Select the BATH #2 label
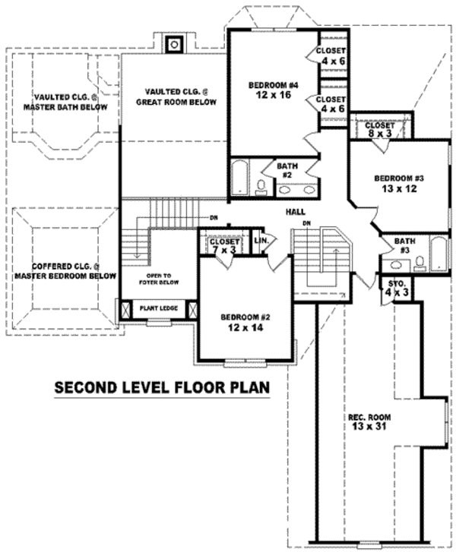tap(286, 170)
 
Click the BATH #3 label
tap(404, 245)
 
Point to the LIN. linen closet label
tap(259, 240)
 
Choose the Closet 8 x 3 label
tap(380, 129)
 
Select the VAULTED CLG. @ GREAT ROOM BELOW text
tap(176, 97)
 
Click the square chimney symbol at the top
tap(175, 44)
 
